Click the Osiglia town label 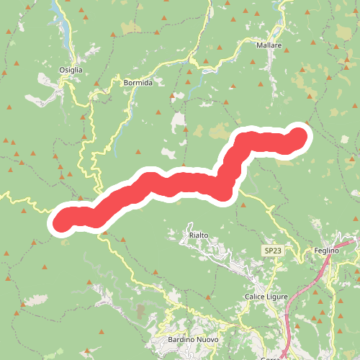71,70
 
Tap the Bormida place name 138,83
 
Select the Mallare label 269,45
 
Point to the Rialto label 199,235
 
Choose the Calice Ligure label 266,297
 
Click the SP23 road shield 272,250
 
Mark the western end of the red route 63,219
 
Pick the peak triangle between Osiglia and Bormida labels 96,83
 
